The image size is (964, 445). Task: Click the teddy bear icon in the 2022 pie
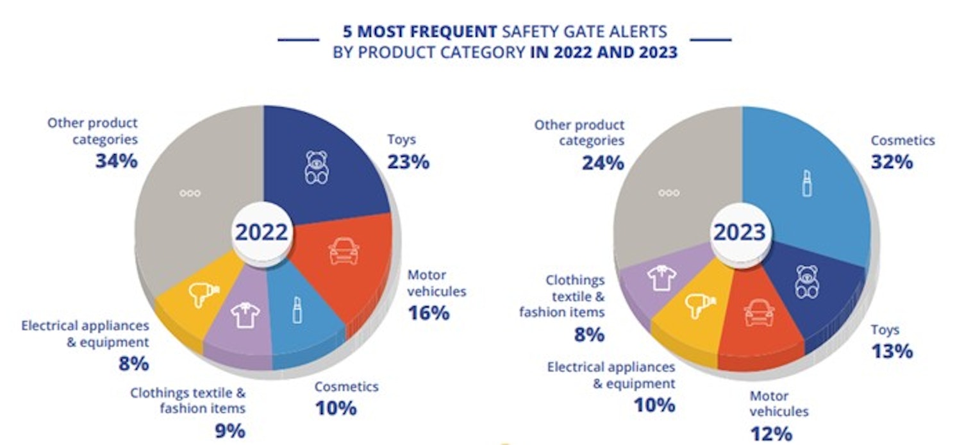[x=316, y=168]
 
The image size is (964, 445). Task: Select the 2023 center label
[x=740, y=231]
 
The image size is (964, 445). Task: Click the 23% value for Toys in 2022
[x=408, y=162]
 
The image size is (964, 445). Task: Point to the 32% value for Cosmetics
[x=892, y=162]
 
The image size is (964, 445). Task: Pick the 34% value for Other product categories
[x=117, y=161]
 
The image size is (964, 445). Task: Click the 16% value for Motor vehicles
[x=429, y=314]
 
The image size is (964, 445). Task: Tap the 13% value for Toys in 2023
[x=892, y=351]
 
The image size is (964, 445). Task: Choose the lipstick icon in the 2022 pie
[x=297, y=310]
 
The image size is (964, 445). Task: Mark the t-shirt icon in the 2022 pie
[x=245, y=315]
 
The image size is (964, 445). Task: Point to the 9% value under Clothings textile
[x=229, y=431]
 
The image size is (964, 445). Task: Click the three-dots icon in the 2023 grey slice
[x=668, y=192]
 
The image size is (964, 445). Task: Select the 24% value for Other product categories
[x=602, y=163]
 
